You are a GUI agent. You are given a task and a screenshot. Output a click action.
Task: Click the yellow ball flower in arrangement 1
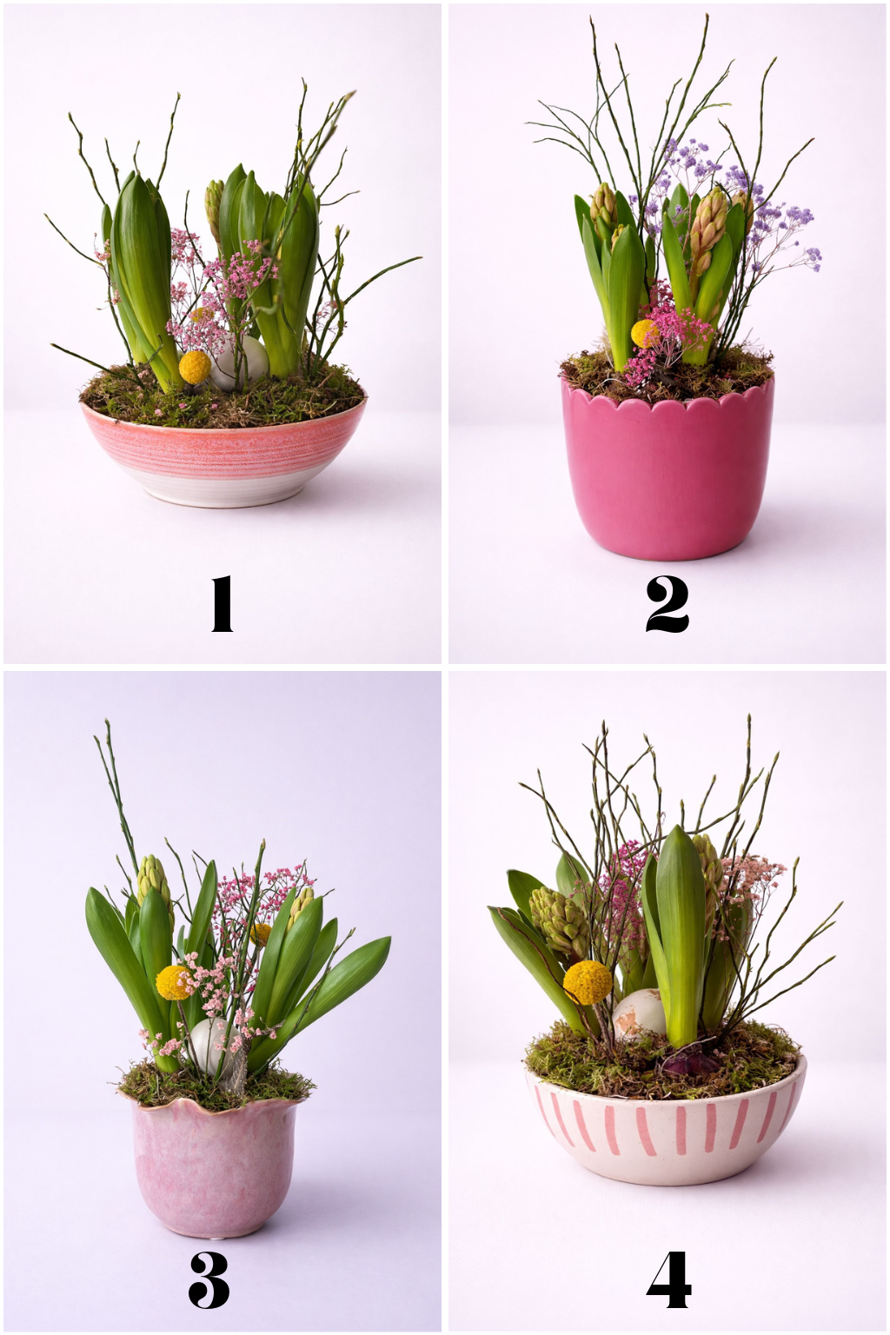tap(195, 367)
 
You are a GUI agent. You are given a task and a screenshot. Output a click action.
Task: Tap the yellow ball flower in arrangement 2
tap(643, 333)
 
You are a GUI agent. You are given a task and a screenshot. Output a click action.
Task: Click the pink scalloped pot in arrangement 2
tap(667, 468)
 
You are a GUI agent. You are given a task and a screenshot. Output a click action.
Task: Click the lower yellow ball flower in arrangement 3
tap(173, 982)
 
